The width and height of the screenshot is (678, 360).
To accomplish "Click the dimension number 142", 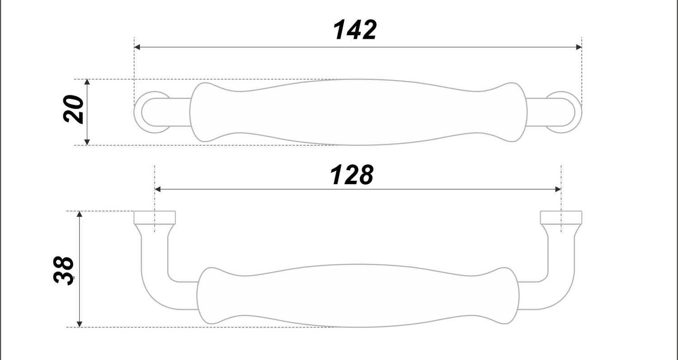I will tap(354, 31).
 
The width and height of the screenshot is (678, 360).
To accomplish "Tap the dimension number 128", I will tap(352, 175).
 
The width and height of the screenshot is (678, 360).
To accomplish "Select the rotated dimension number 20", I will tap(74, 109).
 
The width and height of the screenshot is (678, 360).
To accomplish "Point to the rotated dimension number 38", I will tap(64, 270).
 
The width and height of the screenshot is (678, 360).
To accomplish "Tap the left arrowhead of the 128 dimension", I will tap(158, 189).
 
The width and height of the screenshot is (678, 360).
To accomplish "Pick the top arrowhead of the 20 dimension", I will tap(87, 82).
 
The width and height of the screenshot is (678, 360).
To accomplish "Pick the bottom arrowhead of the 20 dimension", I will tap(87, 142).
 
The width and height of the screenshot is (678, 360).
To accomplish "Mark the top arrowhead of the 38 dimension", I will tap(80, 214).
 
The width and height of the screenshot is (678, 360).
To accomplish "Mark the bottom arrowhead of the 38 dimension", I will tap(80, 323).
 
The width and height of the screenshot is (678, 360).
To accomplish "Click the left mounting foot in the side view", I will tap(155, 218).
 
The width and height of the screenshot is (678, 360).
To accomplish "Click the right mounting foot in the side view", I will tap(561, 218).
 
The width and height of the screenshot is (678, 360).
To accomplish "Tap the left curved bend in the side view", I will tap(156, 294).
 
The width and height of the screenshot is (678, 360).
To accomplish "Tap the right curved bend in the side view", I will tap(560, 294).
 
